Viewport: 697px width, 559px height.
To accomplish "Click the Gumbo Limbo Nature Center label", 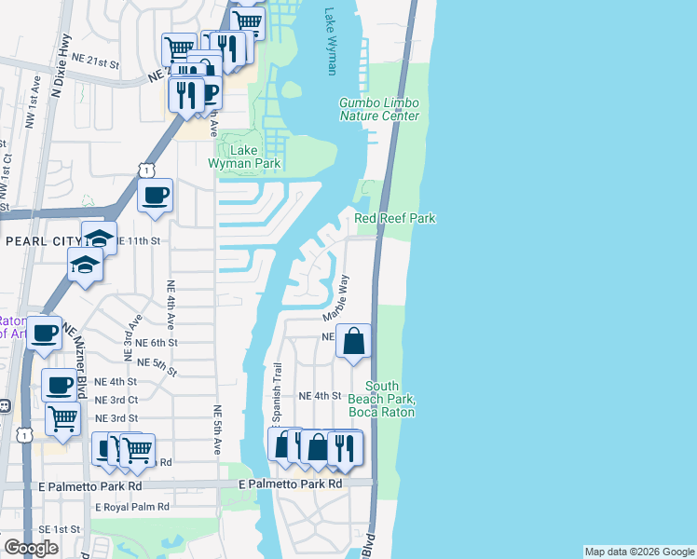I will pos(378,109).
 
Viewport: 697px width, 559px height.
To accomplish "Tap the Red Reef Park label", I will pos(395,218).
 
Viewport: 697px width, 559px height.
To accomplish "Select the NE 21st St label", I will pos(96,63).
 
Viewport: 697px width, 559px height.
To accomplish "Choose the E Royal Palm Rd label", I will pos(131,507).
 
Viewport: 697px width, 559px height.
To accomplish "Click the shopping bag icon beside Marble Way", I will pos(354,341).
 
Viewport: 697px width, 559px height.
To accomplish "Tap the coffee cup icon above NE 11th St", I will pos(155,196).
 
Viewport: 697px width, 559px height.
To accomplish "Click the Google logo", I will pos(31,548).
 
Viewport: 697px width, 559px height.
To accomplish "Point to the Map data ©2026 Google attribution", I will pos(639,552).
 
